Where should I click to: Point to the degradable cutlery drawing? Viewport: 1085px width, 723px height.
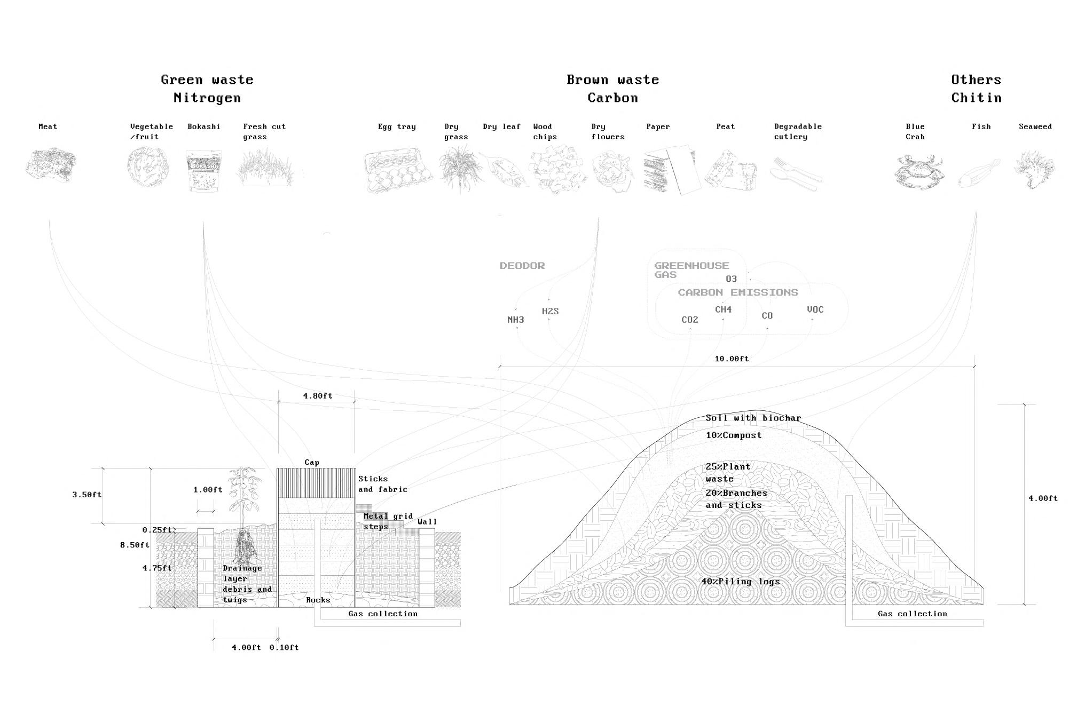click(796, 173)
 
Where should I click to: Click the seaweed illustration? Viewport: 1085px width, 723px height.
click(1034, 170)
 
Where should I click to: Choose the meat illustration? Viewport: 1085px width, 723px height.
click(51, 165)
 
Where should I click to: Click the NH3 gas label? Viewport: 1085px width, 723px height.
click(515, 320)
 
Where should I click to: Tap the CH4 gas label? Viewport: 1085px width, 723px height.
click(723, 309)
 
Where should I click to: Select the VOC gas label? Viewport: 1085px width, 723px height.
click(815, 309)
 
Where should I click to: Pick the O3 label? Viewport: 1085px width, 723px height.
click(731, 279)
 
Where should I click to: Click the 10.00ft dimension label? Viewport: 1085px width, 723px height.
click(732, 359)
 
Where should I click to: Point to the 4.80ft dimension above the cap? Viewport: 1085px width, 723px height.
click(317, 396)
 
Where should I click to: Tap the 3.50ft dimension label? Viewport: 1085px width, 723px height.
click(87, 495)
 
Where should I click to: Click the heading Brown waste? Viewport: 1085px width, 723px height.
click(612, 80)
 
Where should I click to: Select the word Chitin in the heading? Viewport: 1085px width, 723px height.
click(976, 98)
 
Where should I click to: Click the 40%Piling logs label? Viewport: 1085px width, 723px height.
click(740, 581)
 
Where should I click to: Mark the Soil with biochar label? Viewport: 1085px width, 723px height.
click(753, 418)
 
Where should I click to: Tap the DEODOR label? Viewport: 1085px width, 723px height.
click(522, 266)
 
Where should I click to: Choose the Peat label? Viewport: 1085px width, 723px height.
click(725, 126)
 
